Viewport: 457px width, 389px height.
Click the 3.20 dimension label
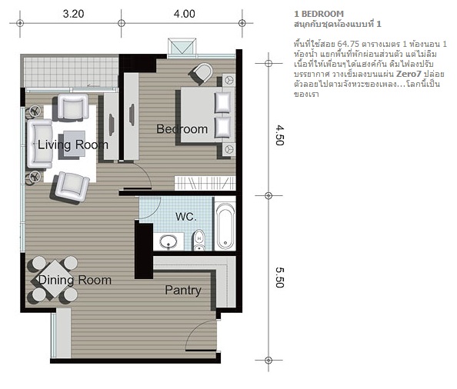click(x=73, y=14)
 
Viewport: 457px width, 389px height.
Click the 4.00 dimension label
click(x=184, y=14)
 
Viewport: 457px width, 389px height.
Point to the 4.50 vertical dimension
click(x=279, y=135)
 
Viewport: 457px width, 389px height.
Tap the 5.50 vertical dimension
click(x=279, y=278)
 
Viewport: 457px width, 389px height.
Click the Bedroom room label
click(x=182, y=129)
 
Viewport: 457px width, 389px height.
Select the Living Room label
click(x=73, y=145)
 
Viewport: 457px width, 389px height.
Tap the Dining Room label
click(x=75, y=280)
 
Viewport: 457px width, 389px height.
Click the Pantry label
click(x=183, y=291)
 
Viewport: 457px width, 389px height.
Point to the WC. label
click(x=186, y=217)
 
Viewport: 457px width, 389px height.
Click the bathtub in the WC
click(x=225, y=226)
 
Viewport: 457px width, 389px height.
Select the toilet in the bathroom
click(x=199, y=240)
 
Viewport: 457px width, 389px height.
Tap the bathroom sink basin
click(x=168, y=241)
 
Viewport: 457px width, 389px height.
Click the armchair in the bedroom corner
click(x=202, y=73)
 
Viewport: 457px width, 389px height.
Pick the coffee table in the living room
click(x=73, y=145)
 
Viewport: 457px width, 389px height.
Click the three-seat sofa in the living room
click(x=40, y=144)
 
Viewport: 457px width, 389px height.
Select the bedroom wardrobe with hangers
click(x=205, y=184)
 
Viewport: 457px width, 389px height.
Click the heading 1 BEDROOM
click(x=319, y=14)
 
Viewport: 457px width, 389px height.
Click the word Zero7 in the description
click(x=409, y=74)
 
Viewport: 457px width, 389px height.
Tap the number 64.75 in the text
click(x=349, y=44)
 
